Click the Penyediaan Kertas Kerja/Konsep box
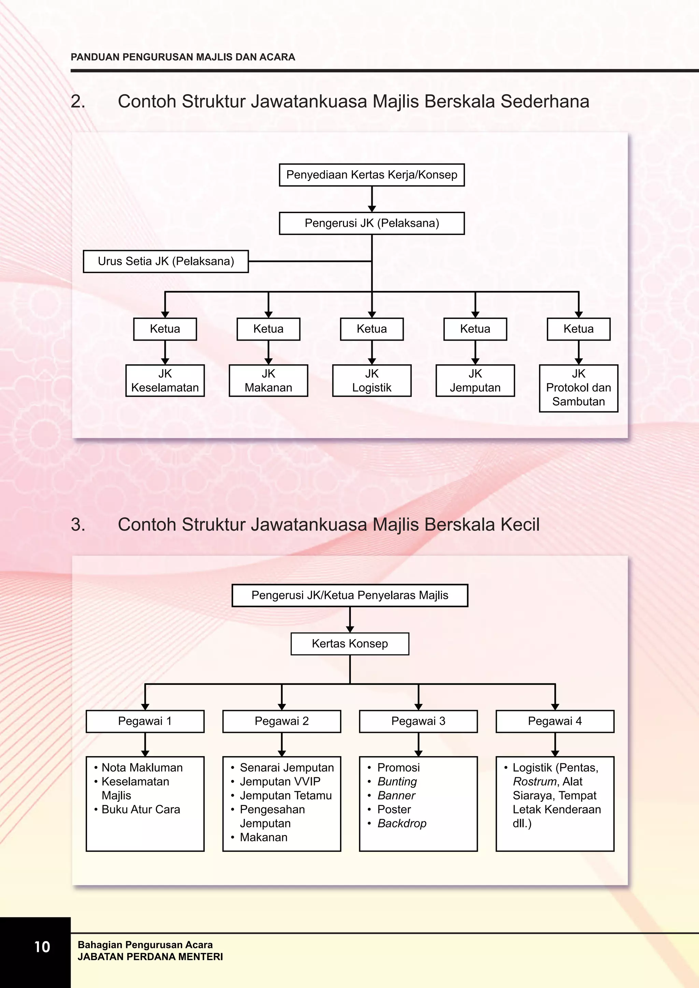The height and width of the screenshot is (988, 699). (372, 175)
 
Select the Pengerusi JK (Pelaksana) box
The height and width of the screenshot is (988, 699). (372, 223)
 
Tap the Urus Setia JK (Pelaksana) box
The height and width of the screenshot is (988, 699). (166, 261)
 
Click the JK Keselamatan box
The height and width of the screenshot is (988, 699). (165, 380)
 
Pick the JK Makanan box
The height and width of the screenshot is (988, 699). (268, 380)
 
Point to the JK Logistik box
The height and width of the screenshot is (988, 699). (372, 380)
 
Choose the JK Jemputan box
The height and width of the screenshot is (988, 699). (475, 380)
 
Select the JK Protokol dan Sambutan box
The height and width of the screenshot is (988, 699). (579, 388)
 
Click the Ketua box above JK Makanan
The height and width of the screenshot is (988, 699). (268, 329)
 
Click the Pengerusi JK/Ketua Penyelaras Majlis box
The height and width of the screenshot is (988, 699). (350, 595)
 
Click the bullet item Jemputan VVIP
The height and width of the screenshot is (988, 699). (280, 781)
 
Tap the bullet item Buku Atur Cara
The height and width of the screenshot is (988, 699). (141, 809)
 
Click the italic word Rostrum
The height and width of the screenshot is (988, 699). (535, 781)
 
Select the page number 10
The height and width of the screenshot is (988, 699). (42, 947)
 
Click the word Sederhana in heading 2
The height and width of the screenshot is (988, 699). (545, 102)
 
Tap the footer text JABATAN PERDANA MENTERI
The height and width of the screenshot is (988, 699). (150, 957)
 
